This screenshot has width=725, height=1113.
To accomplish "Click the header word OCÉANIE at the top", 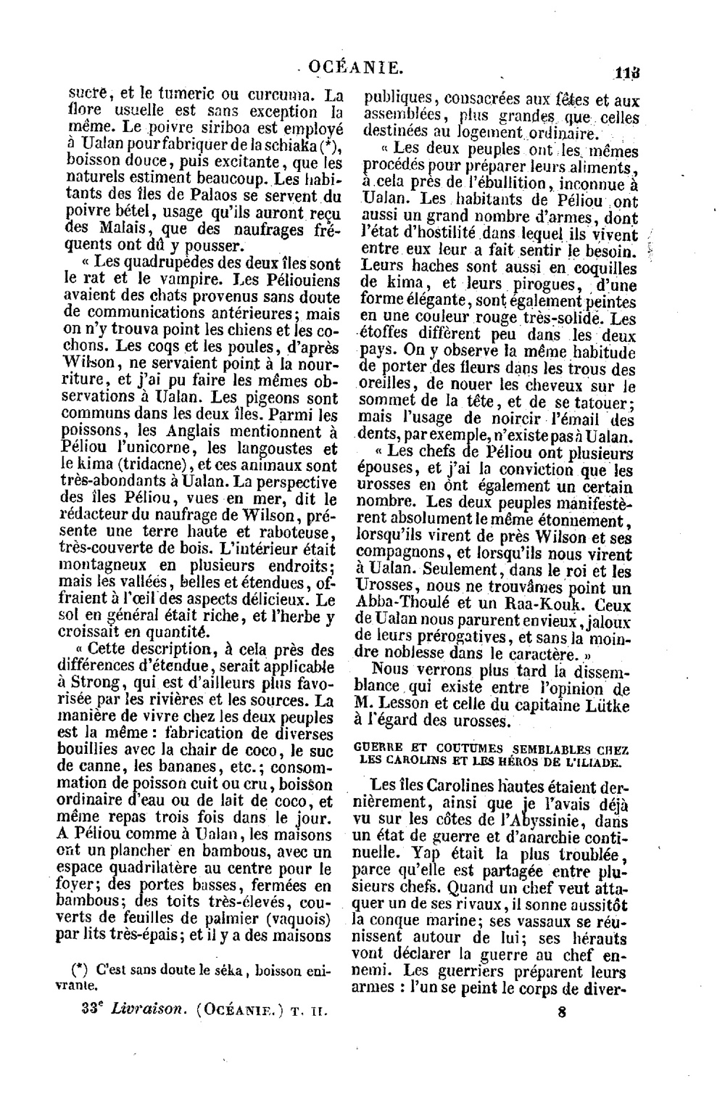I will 355,69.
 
